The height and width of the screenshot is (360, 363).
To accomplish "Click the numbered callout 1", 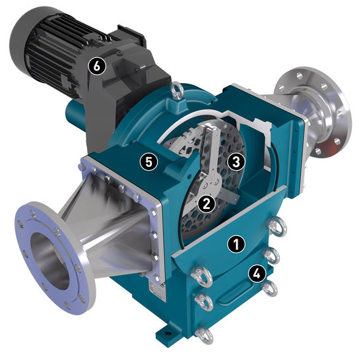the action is pos(236,244).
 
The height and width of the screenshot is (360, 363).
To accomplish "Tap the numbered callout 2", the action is pos(207,203).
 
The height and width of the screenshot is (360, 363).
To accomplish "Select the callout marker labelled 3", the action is pos(236,162).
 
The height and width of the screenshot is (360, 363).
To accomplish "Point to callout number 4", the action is pos(257,274).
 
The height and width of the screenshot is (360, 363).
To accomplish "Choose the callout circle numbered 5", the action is pos(148,162).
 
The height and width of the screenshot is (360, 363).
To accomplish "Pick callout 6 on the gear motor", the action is pos(97,67).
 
